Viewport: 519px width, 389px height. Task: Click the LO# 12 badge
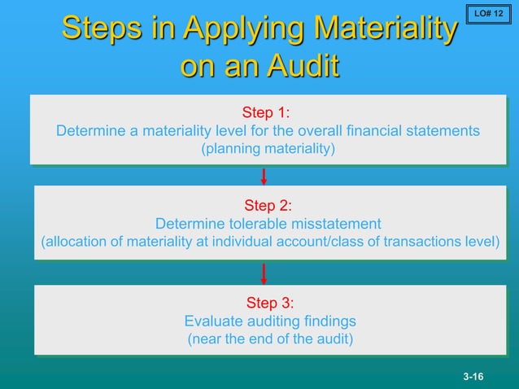(x=488, y=14)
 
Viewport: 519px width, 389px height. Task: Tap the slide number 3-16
(x=473, y=376)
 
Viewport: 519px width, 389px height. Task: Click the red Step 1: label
(x=267, y=111)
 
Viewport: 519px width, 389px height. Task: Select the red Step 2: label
(x=268, y=205)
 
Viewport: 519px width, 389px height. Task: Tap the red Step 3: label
(x=269, y=303)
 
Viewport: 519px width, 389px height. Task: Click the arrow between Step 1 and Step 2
(x=264, y=175)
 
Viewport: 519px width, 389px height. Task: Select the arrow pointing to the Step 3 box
(x=264, y=273)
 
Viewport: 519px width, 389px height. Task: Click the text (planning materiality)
(x=268, y=149)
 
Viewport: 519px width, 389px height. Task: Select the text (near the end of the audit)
(x=270, y=339)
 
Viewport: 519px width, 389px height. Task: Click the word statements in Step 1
(x=441, y=130)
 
